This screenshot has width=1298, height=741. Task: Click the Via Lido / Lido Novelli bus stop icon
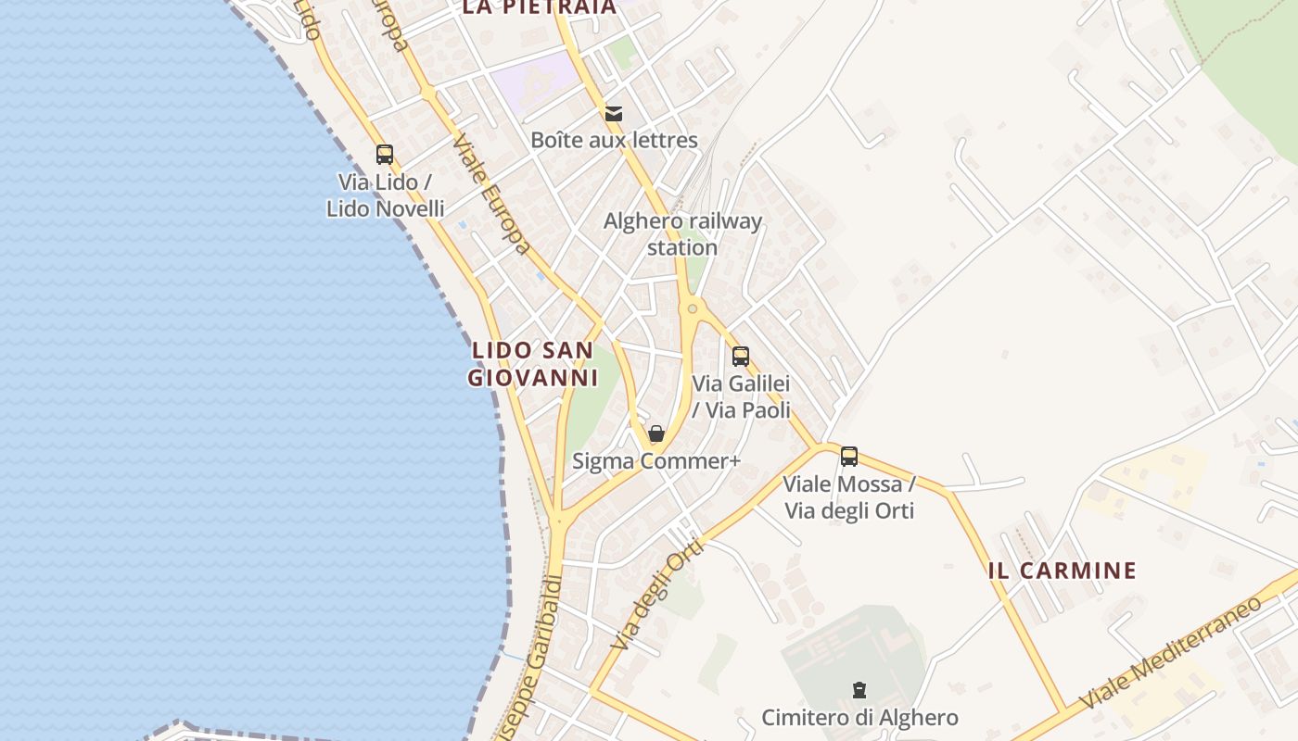[385, 155]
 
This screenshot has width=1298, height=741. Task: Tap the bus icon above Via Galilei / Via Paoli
[740, 357]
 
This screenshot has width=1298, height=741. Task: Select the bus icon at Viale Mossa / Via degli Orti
[848, 457]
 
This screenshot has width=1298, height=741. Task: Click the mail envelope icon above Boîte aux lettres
[613, 114]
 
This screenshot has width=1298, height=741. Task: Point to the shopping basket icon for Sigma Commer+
[656, 433]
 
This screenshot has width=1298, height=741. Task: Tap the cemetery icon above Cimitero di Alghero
[859, 690]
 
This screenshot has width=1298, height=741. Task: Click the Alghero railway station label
[682, 234]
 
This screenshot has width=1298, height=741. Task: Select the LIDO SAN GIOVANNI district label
[532, 364]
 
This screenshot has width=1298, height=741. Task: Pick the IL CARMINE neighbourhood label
[1063, 571]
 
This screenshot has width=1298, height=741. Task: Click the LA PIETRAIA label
[538, 7]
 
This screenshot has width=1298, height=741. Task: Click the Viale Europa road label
[492, 194]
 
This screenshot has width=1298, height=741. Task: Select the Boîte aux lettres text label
[614, 141]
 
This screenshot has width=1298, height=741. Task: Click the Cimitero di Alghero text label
[859, 717]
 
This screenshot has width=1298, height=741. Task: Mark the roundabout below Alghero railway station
[692, 308]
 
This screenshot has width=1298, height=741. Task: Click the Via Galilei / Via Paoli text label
[742, 396]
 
